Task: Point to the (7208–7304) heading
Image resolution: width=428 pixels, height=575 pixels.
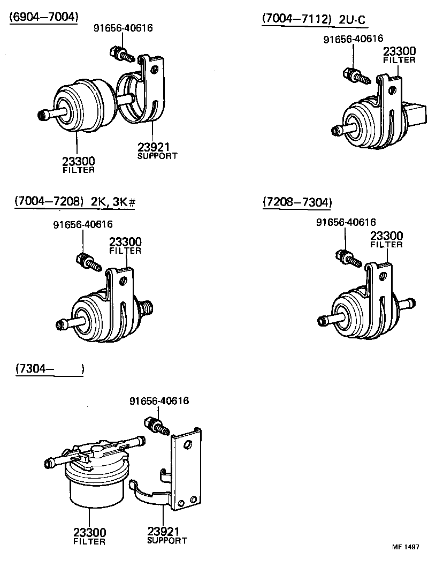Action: [x=297, y=202]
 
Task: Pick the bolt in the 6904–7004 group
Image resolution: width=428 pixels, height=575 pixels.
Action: [x=121, y=54]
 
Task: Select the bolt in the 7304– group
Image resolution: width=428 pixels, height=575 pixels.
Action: [x=156, y=425]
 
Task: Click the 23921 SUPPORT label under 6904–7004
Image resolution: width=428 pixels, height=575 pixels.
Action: [x=156, y=150]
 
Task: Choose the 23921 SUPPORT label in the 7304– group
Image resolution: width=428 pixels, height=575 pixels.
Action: [x=167, y=535]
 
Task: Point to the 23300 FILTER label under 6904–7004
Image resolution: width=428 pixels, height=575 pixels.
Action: [x=79, y=164]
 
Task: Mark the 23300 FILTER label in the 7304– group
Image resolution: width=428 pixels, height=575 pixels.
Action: [x=89, y=536]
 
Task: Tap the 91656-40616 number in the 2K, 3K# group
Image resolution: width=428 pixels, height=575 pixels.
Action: [x=83, y=224]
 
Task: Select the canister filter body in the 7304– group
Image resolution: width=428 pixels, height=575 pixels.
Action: [x=95, y=482]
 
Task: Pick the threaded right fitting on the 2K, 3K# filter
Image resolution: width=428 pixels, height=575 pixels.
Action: [x=147, y=307]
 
